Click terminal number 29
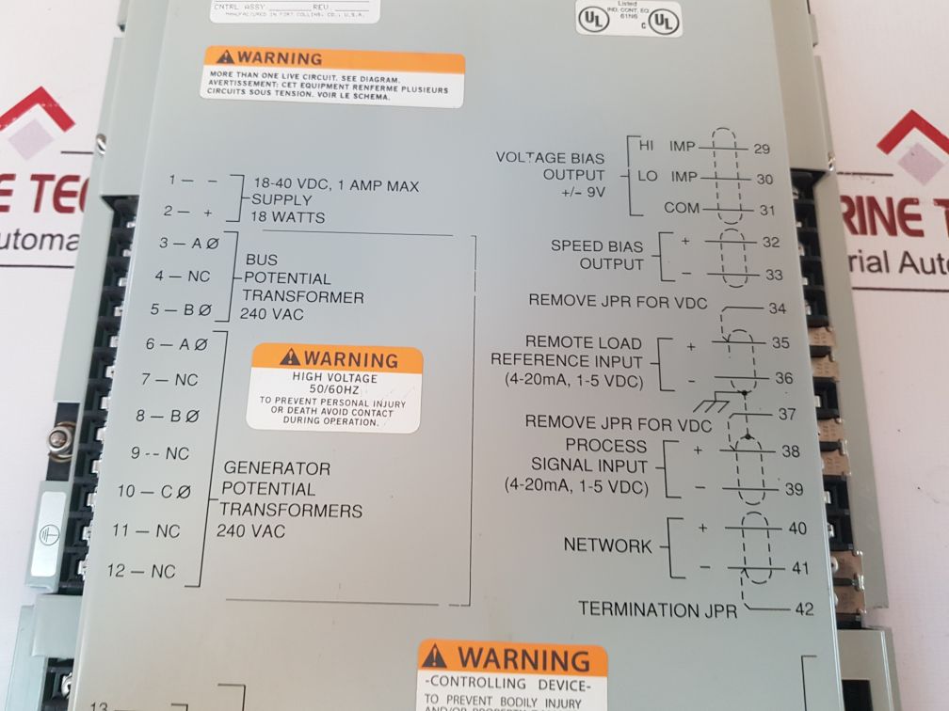pos(762,149)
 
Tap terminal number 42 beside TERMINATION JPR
pos(803,608)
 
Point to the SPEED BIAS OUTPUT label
pos(597,255)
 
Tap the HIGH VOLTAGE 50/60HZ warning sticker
pos(334,388)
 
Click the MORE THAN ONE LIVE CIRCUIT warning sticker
pos(331,75)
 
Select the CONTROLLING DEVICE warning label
pos(512,676)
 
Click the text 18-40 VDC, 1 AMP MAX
pos(337,185)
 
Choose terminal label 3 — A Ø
pos(187,244)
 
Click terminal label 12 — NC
pos(141,571)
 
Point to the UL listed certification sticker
pos(628,17)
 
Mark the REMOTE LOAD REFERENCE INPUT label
pos(567,361)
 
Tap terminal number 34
pos(777,308)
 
